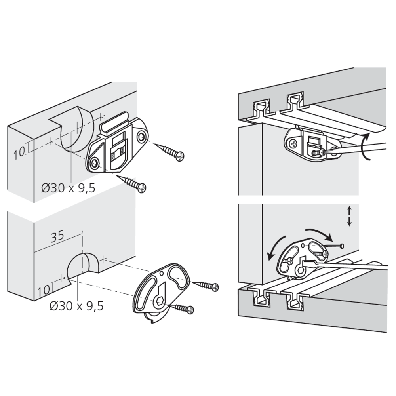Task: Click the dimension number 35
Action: (x=57, y=237)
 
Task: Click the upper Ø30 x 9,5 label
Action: (x=68, y=188)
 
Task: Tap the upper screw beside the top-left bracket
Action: (x=169, y=152)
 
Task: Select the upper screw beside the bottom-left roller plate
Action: (x=205, y=286)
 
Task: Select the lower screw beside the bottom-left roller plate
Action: (x=182, y=308)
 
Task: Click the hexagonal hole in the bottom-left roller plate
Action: (x=160, y=301)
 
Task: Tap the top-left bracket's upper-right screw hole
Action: (x=141, y=137)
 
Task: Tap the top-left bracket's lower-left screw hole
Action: (x=95, y=164)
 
